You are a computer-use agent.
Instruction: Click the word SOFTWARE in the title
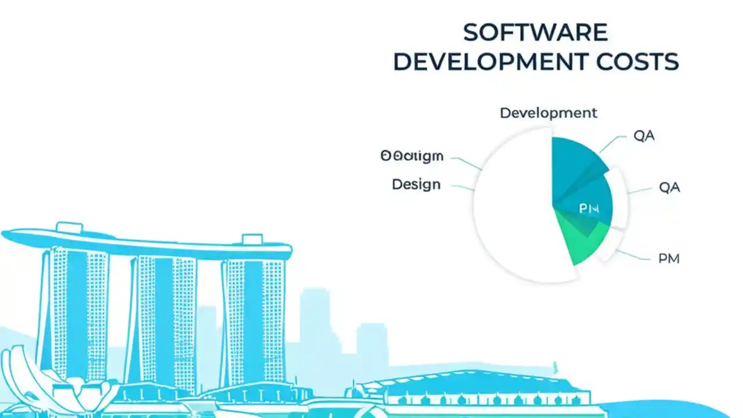[535, 33]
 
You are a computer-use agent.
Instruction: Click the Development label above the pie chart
[548, 113]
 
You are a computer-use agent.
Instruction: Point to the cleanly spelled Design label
[416, 185]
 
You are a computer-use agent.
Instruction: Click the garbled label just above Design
[412, 156]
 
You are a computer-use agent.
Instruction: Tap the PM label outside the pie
[669, 259]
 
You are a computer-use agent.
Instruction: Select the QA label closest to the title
[644, 136]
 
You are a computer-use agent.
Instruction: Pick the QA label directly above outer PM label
[669, 188]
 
